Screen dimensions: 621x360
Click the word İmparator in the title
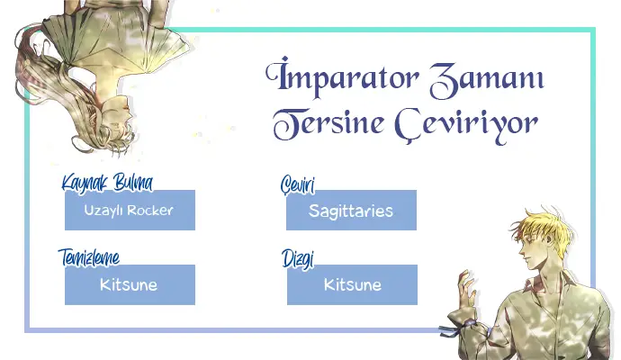(342, 77)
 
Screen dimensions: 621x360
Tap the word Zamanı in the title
(486, 79)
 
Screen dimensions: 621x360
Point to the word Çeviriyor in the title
(466, 126)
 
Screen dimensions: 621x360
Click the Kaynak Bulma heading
(107, 183)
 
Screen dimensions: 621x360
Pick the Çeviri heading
(298, 184)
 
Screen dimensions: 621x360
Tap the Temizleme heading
(89, 257)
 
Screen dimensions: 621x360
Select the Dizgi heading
(298, 259)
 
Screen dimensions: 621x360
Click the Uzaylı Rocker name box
(130, 210)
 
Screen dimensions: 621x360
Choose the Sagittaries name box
(351, 210)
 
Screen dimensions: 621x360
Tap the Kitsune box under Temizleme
(130, 284)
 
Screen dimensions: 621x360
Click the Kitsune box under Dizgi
(352, 284)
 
